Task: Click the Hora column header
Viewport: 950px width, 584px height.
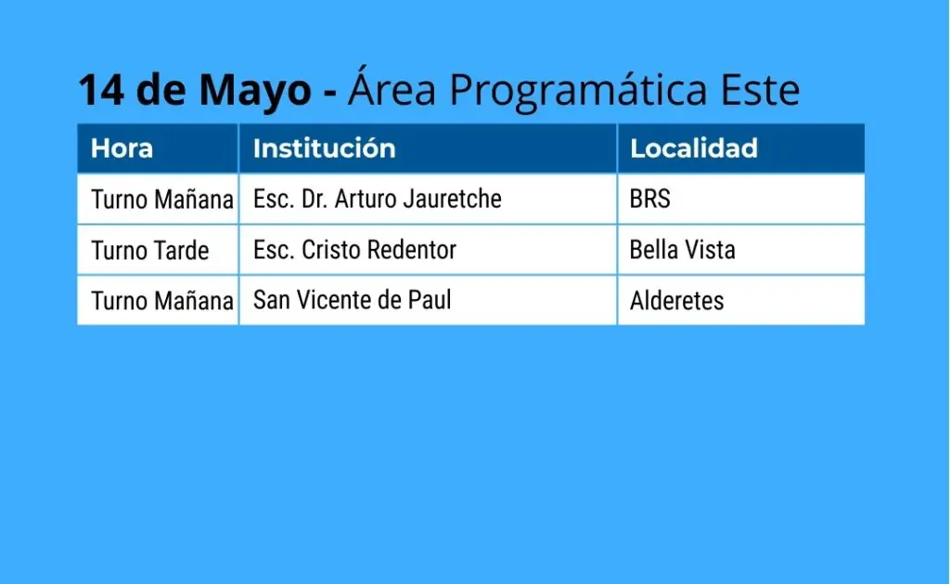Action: [122, 149]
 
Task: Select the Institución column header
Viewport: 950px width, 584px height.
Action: [324, 149]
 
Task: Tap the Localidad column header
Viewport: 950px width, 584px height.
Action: [694, 149]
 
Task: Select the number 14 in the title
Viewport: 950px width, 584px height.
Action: [102, 90]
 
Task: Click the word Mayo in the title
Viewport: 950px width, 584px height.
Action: [255, 91]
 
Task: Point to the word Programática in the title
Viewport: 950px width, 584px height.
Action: [578, 90]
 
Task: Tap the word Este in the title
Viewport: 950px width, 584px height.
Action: [760, 90]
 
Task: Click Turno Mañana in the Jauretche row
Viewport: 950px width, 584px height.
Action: [162, 200]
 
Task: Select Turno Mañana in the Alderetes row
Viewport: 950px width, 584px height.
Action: [162, 301]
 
